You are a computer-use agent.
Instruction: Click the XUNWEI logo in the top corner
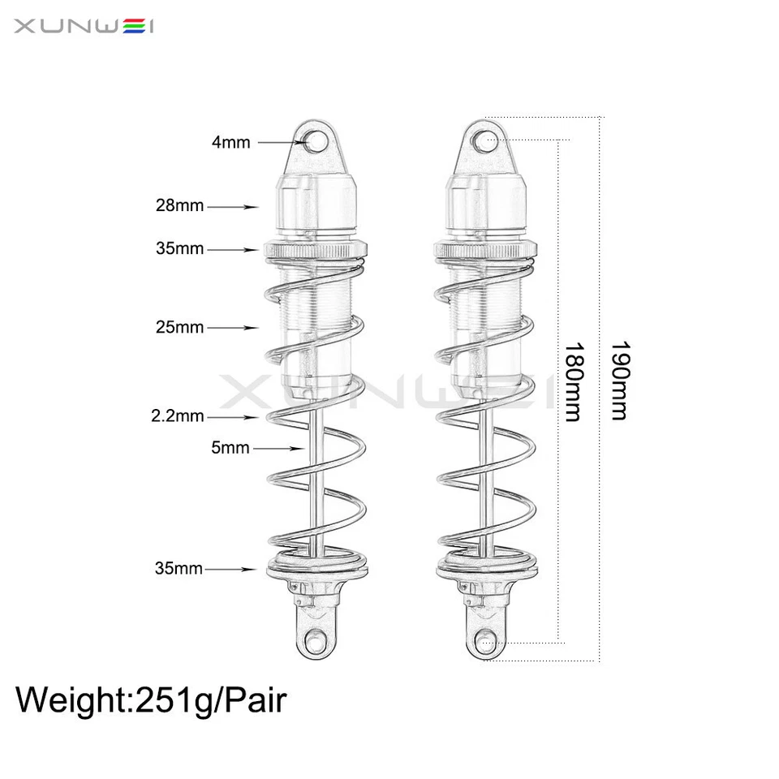(x=84, y=26)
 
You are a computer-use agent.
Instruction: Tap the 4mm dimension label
(x=230, y=143)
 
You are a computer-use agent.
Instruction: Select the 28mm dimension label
(x=179, y=206)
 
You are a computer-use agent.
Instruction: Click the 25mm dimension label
(x=179, y=328)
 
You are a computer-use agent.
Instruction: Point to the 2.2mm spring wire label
(x=177, y=416)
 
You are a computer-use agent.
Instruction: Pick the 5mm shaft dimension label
(x=230, y=447)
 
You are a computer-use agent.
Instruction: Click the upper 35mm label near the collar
(x=179, y=248)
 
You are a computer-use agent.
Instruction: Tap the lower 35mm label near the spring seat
(x=179, y=568)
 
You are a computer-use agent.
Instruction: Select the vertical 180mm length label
(x=573, y=381)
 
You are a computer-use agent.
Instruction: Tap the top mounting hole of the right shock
(x=486, y=142)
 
